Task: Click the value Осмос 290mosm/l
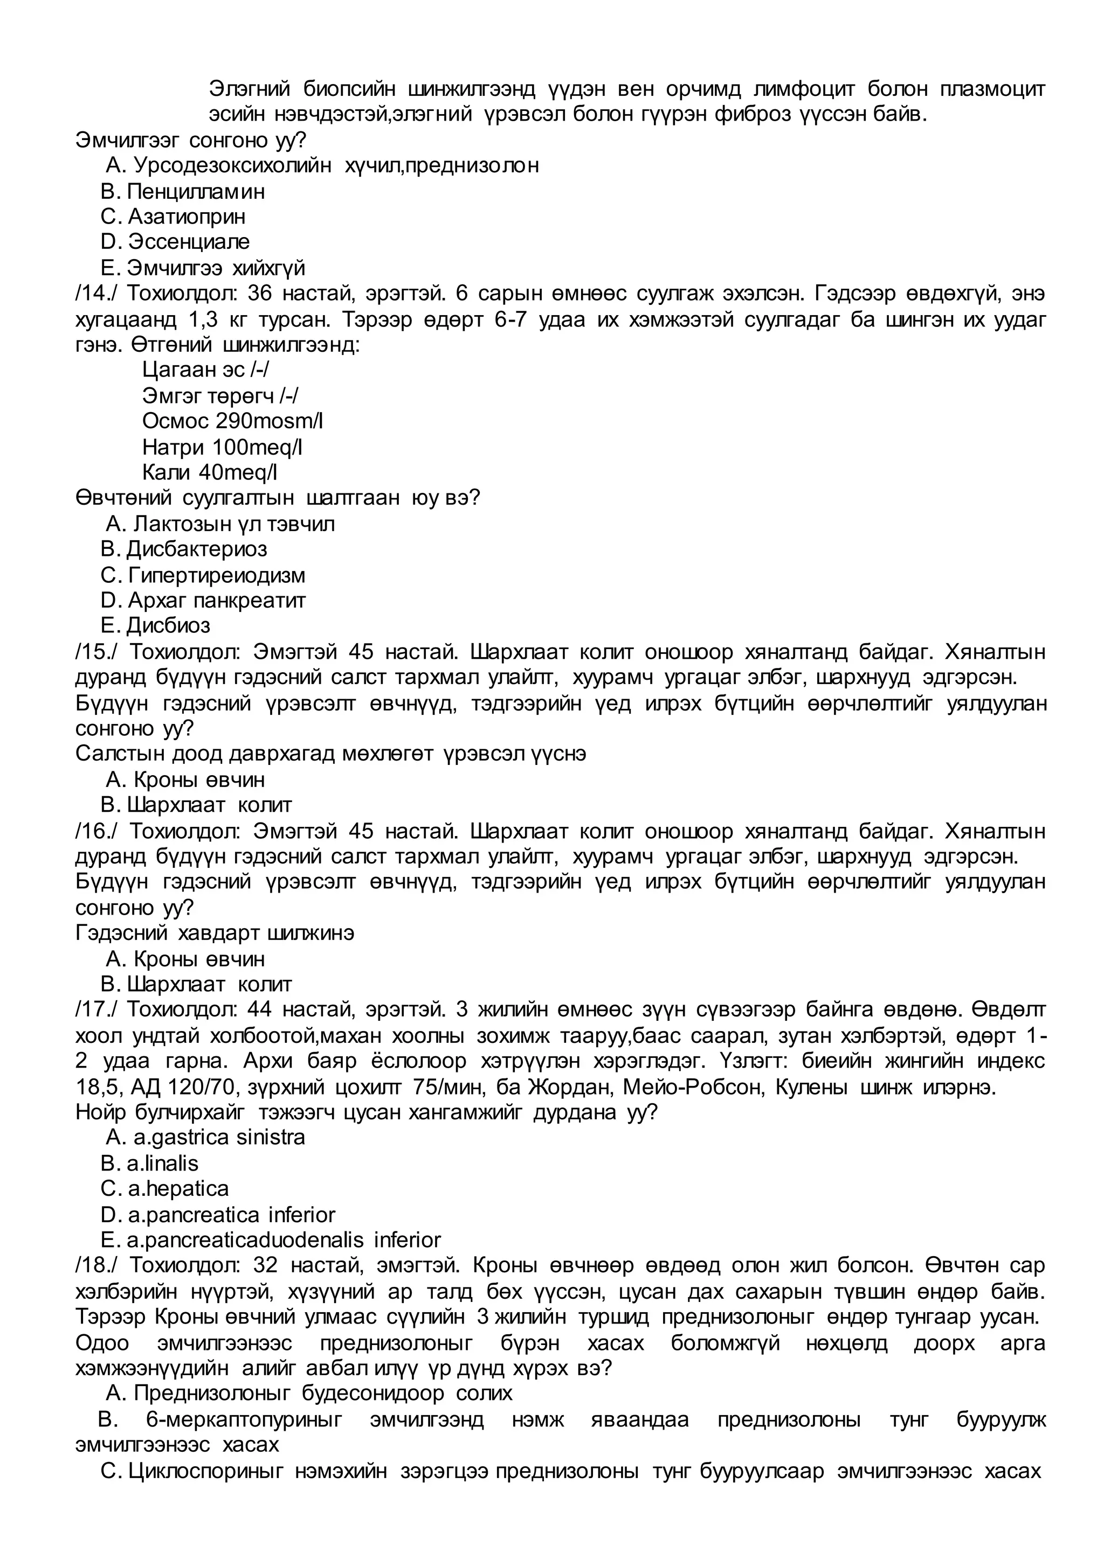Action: click(x=232, y=421)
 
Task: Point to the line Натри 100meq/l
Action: click(x=222, y=447)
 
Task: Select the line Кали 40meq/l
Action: click(x=210, y=472)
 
